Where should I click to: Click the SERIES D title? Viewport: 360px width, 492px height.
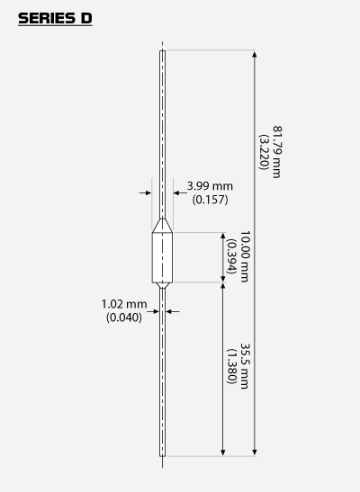coord(55,19)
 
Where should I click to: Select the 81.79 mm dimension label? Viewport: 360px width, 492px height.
coord(277,152)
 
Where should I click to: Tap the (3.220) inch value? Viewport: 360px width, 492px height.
coord(264,152)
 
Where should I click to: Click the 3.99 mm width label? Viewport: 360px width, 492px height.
coord(210,186)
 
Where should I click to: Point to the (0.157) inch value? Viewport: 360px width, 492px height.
coord(211,200)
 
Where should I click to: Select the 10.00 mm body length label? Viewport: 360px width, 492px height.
coord(245,256)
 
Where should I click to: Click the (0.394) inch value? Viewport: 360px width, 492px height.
coord(231,256)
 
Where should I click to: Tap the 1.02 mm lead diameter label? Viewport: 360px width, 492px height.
coord(124,304)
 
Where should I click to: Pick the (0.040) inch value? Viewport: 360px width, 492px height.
coord(124,318)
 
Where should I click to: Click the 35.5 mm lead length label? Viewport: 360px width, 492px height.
coord(245,366)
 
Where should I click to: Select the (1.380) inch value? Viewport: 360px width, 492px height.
coord(231,366)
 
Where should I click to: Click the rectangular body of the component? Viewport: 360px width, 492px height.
coord(162,257)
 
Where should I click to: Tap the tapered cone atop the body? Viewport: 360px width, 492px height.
coord(162,226)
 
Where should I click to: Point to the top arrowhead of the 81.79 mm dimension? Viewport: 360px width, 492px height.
coord(255,54)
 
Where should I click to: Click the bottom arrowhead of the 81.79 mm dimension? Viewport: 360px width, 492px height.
coord(255,452)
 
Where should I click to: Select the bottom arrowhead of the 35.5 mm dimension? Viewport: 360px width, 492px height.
coord(223,452)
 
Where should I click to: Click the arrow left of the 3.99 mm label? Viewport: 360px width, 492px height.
coord(145,192)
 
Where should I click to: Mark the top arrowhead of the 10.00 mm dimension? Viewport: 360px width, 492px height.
coord(223,237)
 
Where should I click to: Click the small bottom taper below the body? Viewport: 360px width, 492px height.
coord(162,285)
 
